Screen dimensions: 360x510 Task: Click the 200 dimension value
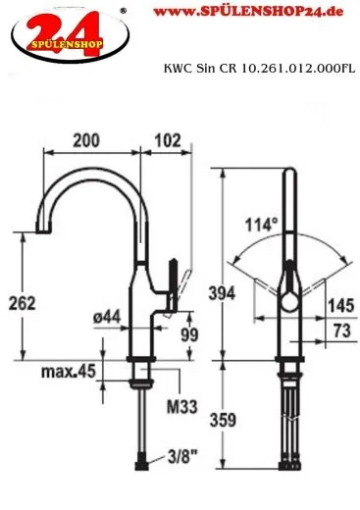(x=86, y=140)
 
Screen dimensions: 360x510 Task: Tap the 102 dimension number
(x=168, y=140)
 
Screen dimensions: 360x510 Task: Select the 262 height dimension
(x=22, y=303)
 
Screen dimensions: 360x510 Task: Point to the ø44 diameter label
(x=107, y=317)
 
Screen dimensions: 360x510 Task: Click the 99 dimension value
(x=189, y=334)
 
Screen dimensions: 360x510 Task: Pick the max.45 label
(x=69, y=372)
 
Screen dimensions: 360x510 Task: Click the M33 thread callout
(x=182, y=407)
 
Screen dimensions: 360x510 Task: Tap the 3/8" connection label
(x=183, y=457)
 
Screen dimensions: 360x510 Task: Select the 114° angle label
(x=262, y=225)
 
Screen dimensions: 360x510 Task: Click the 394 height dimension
(x=222, y=293)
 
